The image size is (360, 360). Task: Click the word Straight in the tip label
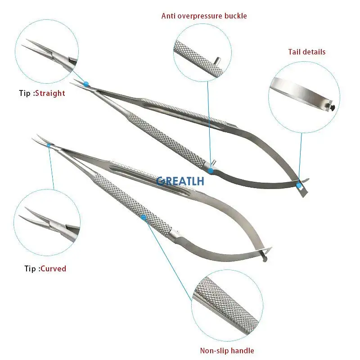pyautogui.click(x=50, y=93)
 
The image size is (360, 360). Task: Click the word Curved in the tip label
pyautogui.click(x=53, y=269)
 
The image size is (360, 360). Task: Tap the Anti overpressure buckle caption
pyautogui.click(x=204, y=16)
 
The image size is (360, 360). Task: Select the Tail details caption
pyautogui.click(x=306, y=52)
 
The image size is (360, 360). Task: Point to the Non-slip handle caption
pyautogui.click(x=227, y=351)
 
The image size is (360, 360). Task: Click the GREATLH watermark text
pyautogui.click(x=180, y=181)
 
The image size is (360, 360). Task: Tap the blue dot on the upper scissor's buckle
pyautogui.click(x=211, y=170)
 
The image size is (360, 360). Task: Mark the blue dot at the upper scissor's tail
pyautogui.click(x=298, y=184)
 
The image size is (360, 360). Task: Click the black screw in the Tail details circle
pyautogui.click(x=332, y=107)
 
